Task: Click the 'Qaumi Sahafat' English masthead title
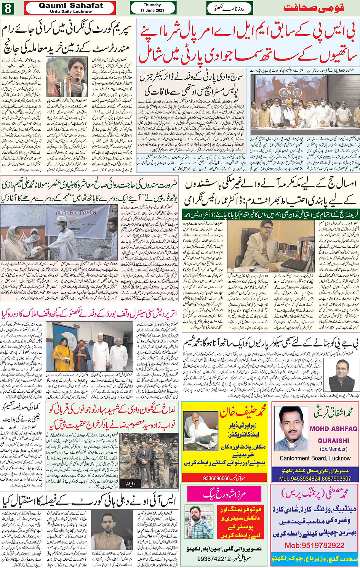pyautogui.click(x=71, y=5)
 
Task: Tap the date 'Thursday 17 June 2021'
pyautogui.click(x=152, y=8)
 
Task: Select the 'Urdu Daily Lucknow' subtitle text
pyautogui.click(x=71, y=11)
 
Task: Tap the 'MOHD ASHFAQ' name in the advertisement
pyautogui.click(x=333, y=428)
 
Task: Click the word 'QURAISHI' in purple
pyautogui.click(x=333, y=440)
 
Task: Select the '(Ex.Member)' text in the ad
pyautogui.click(x=334, y=449)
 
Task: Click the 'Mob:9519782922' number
pyautogui.click(x=315, y=545)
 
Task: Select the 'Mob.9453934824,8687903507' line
pyautogui.click(x=315, y=478)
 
